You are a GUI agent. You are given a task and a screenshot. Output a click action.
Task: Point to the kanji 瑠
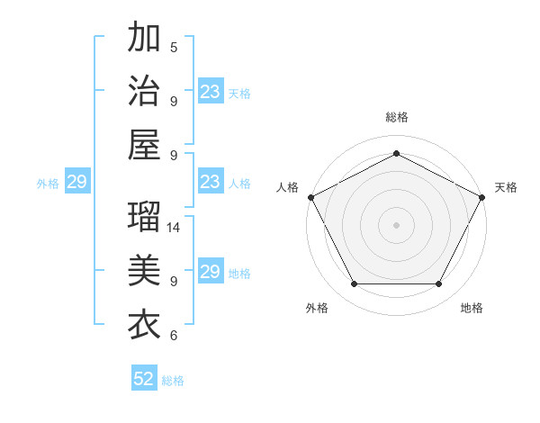(144, 217)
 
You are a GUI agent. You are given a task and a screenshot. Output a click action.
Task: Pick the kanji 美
(144, 270)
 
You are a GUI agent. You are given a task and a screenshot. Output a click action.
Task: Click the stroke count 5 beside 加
(174, 48)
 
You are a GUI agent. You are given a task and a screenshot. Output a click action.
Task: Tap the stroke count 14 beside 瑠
(175, 228)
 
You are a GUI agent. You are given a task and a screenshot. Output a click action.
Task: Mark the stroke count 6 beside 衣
(174, 336)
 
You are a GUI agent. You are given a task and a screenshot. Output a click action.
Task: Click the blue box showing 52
(144, 380)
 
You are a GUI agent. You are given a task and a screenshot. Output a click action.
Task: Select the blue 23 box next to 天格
(211, 92)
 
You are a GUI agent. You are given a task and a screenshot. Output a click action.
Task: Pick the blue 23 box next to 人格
(211, 183)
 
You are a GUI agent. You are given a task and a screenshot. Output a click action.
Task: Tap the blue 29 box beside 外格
(76, 183)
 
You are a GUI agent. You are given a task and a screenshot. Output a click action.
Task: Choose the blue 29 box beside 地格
(211, 272)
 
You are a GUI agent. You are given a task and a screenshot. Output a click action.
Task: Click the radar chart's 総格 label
(396, 118)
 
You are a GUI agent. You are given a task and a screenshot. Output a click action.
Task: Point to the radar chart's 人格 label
(288, 187)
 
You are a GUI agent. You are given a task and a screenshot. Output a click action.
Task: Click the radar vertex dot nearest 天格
(482, 197)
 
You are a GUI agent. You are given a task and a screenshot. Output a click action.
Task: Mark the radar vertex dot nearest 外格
(354, 284)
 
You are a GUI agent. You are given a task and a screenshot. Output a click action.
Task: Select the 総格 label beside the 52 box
(173, 381)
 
